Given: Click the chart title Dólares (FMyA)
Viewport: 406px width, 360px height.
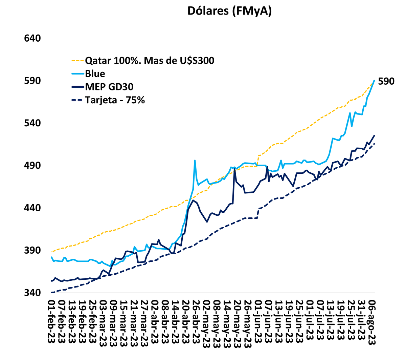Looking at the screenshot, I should (229, 11).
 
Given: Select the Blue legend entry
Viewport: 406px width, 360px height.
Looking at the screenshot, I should (95, 73).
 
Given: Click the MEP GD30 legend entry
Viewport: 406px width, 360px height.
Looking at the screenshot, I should (109, 87).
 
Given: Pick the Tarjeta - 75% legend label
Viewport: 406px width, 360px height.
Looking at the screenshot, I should (115, 100).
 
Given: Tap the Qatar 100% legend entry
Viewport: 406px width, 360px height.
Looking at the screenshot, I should (149, 61).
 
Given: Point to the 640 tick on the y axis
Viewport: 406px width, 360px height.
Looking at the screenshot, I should (32, 38).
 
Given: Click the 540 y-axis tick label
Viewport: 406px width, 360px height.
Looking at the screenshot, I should (32, 123).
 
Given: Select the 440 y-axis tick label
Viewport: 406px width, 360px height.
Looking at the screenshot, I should (32, 208).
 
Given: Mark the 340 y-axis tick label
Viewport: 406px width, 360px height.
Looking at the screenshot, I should (32, 293).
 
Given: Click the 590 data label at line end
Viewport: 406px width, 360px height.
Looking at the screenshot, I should (386, 81).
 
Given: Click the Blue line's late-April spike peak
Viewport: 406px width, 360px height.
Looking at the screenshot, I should (195, 160).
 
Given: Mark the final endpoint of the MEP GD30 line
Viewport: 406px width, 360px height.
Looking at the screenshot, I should (374, 135).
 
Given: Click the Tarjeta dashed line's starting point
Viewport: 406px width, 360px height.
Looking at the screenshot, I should (51, 292).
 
